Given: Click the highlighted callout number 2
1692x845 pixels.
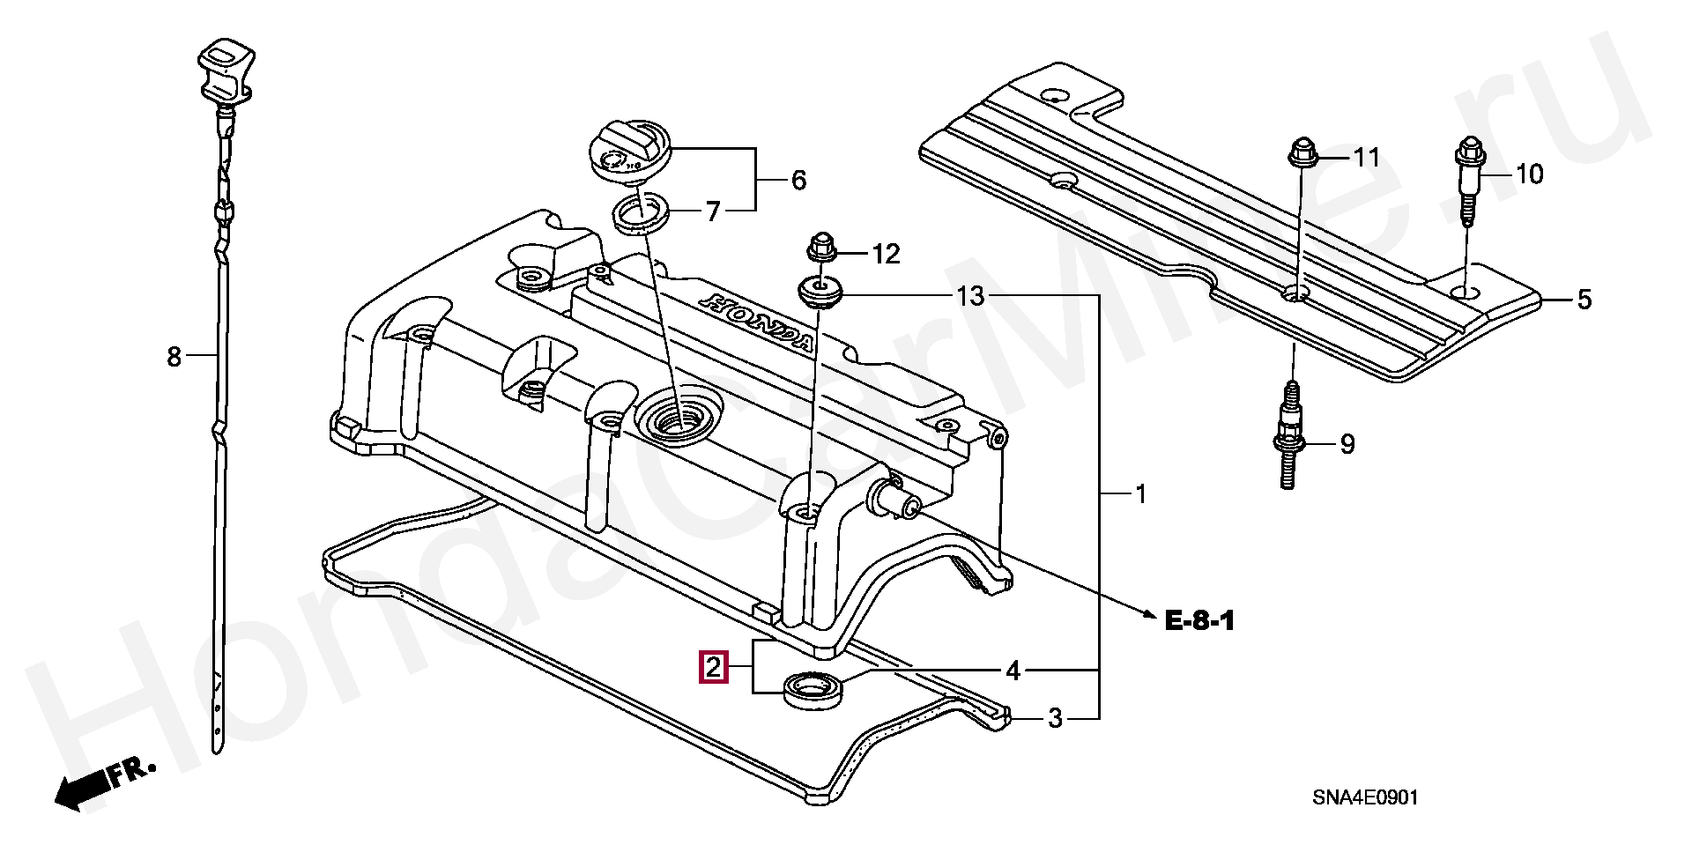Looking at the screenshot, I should coord(713,667).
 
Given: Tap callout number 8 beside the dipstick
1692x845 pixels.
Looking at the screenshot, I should coord(174,357).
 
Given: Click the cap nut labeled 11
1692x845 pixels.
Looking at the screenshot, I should coord(1302,156).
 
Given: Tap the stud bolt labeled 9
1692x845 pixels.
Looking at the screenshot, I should coord(1289,436).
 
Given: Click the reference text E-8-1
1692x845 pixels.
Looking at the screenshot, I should coord(1199,621).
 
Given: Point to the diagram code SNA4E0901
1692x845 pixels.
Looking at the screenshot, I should coord(1364,798).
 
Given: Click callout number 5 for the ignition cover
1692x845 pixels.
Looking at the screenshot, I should coord(1584,300).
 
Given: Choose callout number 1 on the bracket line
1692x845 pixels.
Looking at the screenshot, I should coord(1139,494).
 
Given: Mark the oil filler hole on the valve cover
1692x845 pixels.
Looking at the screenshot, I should coord(678,414).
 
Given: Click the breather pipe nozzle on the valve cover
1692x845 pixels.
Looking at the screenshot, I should coord(894,500).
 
